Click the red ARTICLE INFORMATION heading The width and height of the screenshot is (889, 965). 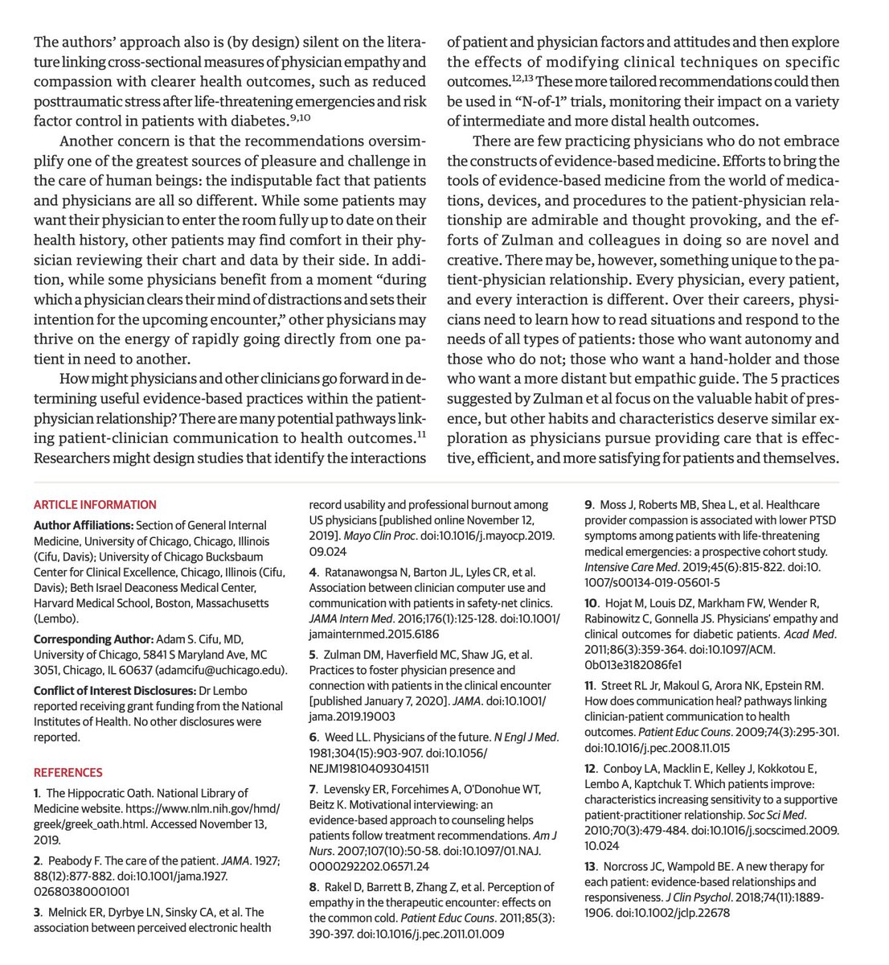(95, 505)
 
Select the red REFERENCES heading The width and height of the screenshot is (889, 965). (68, 772)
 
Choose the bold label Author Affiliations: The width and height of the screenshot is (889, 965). (84, 526)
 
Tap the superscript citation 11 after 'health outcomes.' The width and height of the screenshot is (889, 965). (420, 435)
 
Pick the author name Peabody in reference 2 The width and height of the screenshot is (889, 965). (72, 861)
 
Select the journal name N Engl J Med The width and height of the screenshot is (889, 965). (525, 737)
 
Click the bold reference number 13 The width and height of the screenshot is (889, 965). (591, 867)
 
